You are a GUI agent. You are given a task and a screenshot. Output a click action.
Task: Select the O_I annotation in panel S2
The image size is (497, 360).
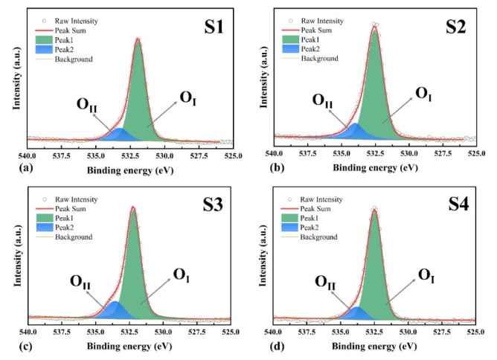click(x=423, y=93)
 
